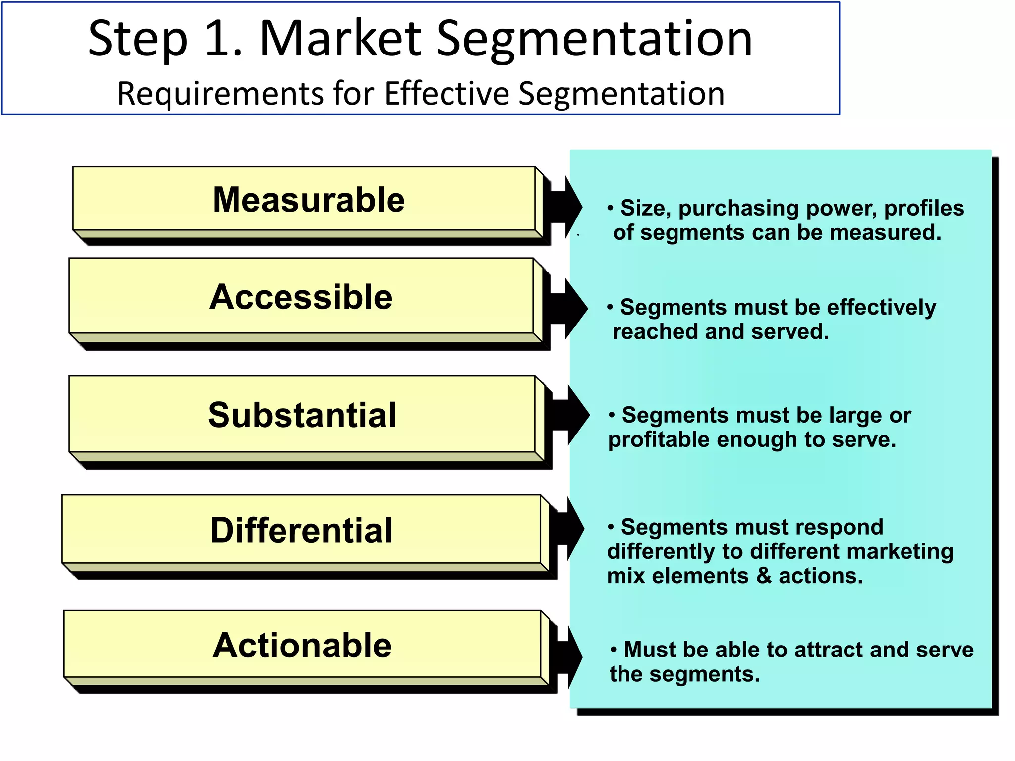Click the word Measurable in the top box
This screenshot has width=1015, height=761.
click(x=308, y=200)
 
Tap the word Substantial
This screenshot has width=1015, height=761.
click(x=302, y=415)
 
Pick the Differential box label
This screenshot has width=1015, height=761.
click(x=301, y=531)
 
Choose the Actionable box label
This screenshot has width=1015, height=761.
click(x=302, y=646)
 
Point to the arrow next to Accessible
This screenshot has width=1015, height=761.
click(x=568, y=309)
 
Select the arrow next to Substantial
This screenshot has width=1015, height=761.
click(x=570, y=415)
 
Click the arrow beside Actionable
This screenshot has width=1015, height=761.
click(x=568, y=657)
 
